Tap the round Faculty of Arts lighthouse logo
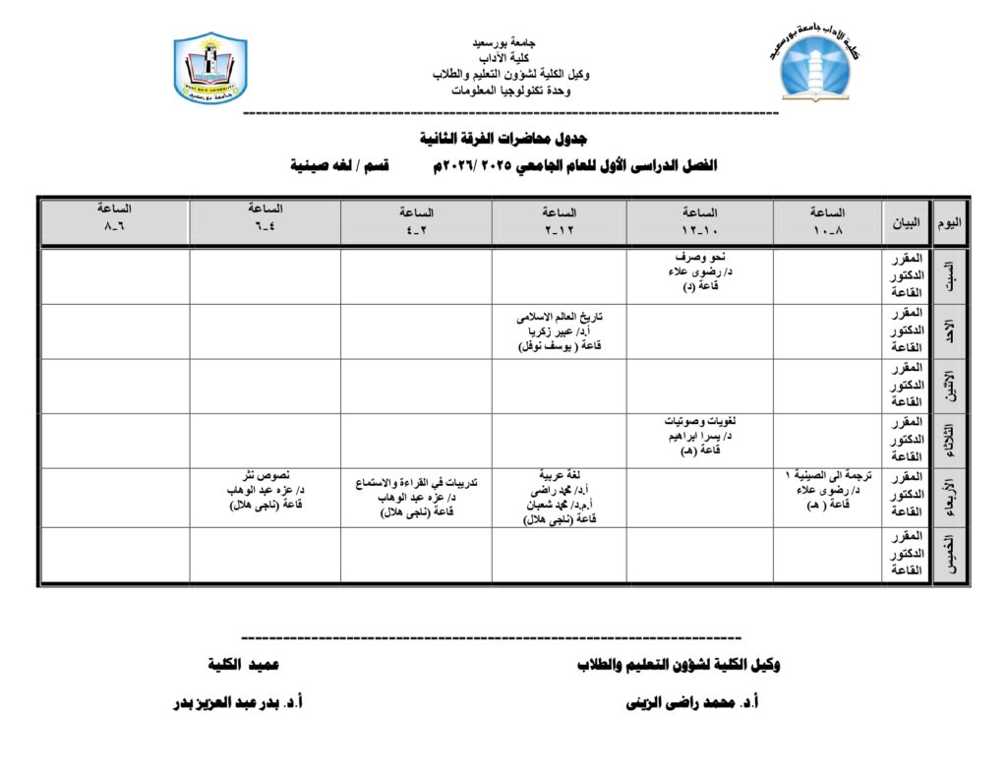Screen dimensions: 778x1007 pyautogui.click(x=817, y=67)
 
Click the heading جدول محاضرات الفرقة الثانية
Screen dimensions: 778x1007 pyautogui.click(x=503, y=137)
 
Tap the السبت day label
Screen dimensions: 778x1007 pyautogui.click(x=949, y=276)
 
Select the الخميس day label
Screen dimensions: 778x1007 pyautogui.click(x=949, y=556)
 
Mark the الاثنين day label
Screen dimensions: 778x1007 pyautogui.click(x=949, y=387)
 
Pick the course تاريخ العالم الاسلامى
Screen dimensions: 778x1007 pyautogui.click(x=559, y=318)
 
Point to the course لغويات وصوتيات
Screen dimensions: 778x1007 pyautogui.click(x=700, y=423)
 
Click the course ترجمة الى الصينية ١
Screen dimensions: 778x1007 pyautogui.click(x=826, y=475)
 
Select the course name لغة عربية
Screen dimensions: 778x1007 pyautogui.click(x=559, y=474)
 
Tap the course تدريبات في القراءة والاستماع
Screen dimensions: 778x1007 pyautogui.click(x=415, y=483)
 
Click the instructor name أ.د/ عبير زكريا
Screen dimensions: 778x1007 pyautogui.click(x=559, y=331)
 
